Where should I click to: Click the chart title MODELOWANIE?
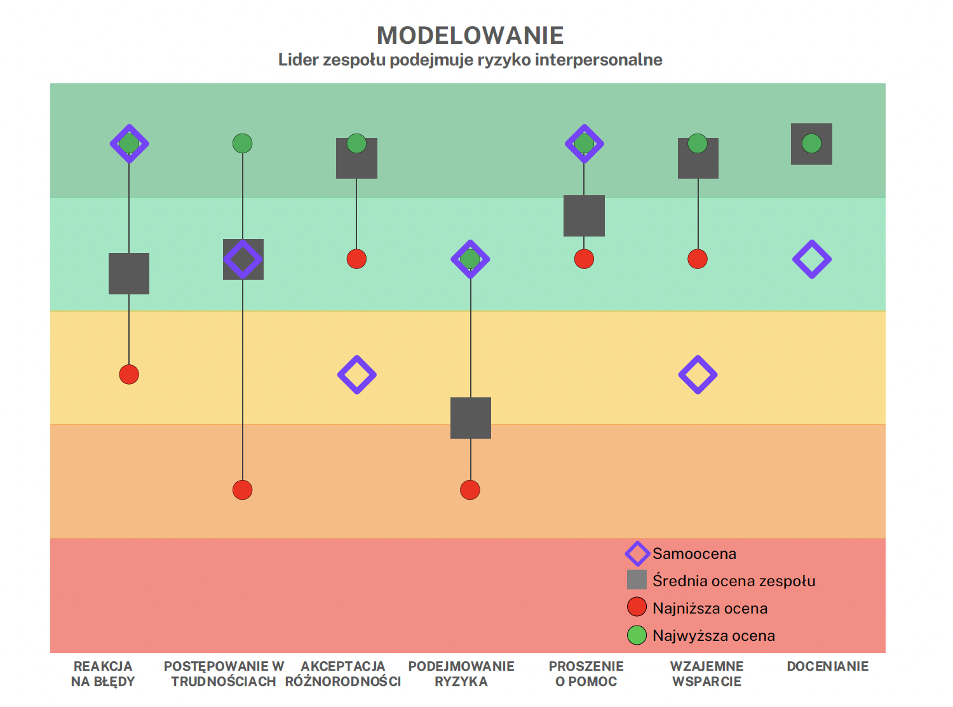point(470,36)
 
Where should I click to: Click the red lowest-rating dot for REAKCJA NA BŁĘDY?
point(129,374)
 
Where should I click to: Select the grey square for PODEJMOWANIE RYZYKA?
point(471,418)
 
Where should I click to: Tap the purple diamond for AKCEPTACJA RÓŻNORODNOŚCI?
point(357,374)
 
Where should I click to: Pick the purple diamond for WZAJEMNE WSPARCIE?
point(698,374)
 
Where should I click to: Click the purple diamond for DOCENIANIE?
point(811,259)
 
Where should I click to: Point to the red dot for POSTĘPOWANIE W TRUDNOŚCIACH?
point(243,490)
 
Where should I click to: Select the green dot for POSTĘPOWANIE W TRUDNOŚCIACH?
point(243,144)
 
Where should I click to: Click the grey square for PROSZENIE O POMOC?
point(584,216)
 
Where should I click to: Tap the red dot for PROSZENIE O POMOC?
point(584,259)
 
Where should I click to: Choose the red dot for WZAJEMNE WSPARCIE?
point(698,259)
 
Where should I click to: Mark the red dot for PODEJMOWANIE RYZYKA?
point(470,490)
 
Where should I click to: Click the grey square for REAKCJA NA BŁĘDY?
point(129,273)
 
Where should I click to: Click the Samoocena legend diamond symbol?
point(637,554)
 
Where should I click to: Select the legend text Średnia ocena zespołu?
point(734,581)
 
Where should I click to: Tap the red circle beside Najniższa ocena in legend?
point(637,608)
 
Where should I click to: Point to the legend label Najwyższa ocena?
point(713,636)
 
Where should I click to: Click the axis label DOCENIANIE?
point(827,666)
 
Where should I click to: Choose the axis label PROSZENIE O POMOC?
point(586,674)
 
